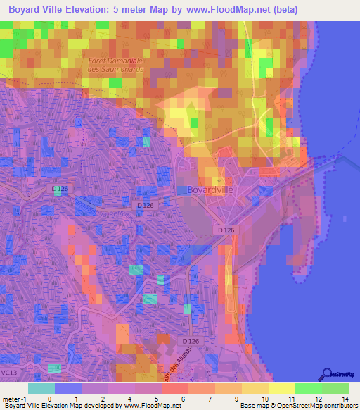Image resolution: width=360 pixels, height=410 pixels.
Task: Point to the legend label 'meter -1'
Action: [x=14, y=399]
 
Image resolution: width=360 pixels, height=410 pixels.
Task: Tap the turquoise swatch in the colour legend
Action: [x=41, y=388]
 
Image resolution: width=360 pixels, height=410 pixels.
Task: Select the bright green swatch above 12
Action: [x=309, y=388]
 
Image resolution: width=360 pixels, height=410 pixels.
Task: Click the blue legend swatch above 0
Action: [x=68, y=388]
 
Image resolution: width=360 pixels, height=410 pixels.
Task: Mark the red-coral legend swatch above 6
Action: [x=175, y=388]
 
